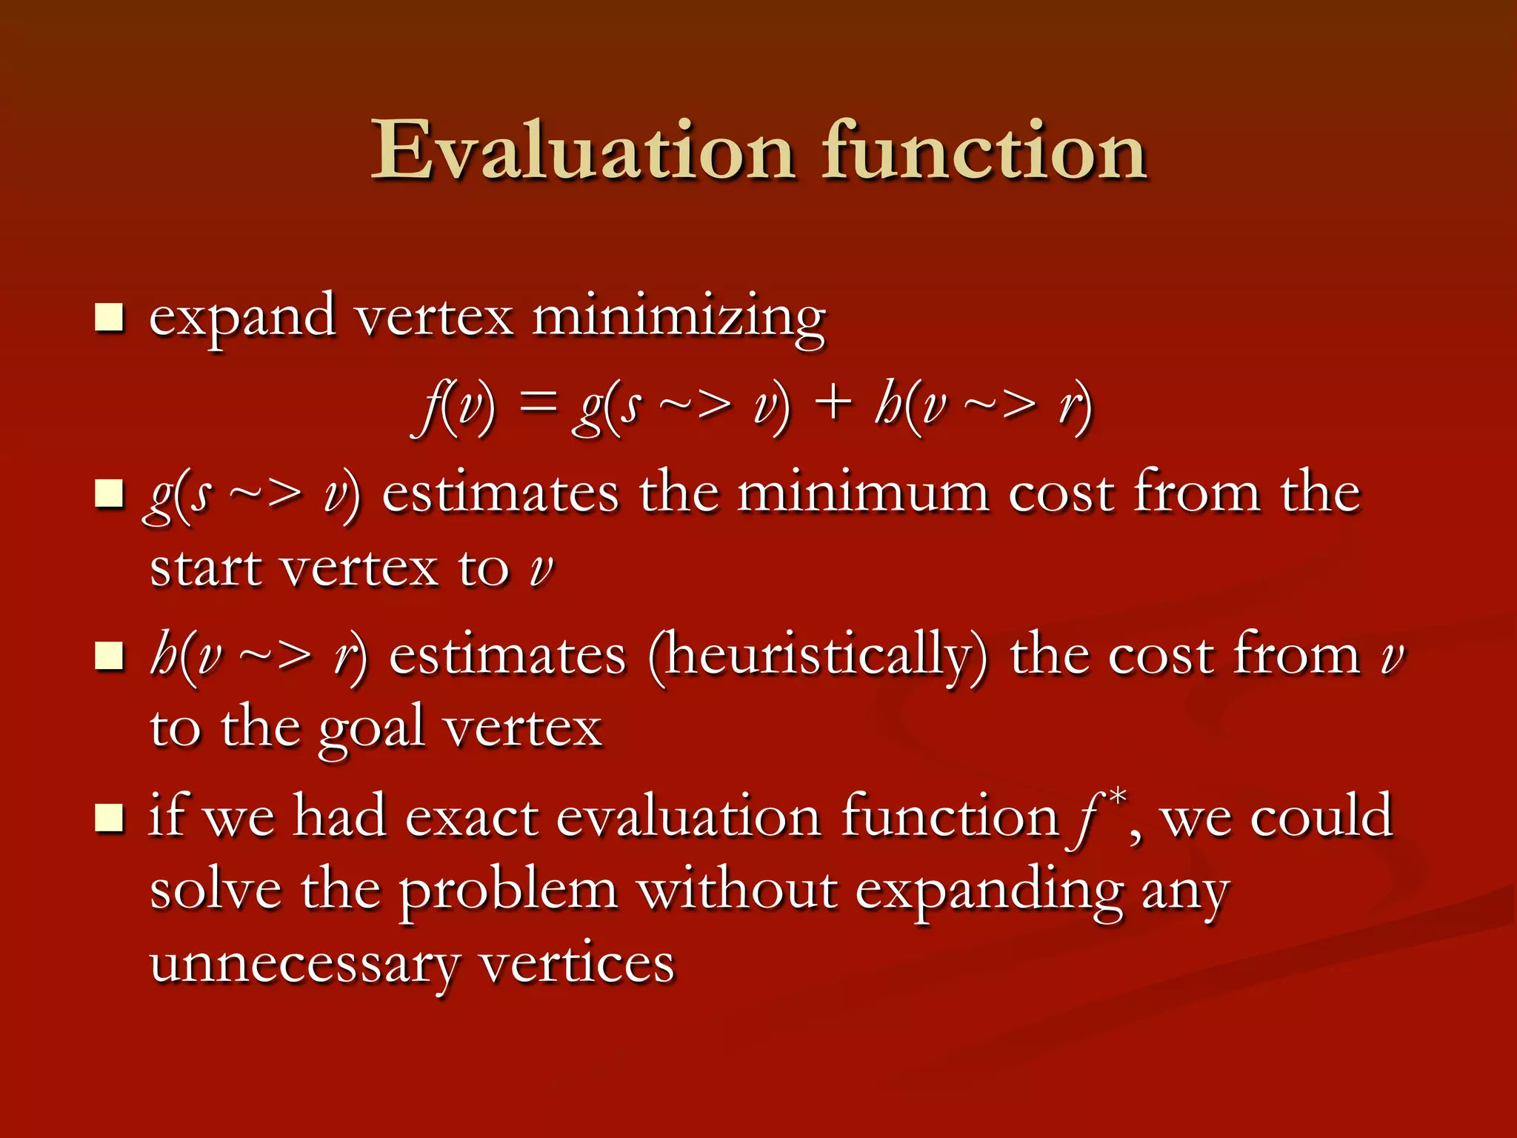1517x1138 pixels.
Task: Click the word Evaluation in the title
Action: click(582, 151)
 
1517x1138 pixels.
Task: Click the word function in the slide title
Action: click(984, 151)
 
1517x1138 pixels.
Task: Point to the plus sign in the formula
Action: click(834, 405)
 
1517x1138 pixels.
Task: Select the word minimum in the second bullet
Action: click(863, 493)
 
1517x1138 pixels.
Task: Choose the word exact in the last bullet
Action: click(471, 817)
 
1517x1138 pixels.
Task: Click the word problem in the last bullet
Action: click(509, 891)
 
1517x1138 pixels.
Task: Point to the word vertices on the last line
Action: click(577, 964)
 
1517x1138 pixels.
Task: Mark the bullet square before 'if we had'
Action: click(109, 818)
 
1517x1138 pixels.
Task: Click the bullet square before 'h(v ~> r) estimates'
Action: click(109, 656)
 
